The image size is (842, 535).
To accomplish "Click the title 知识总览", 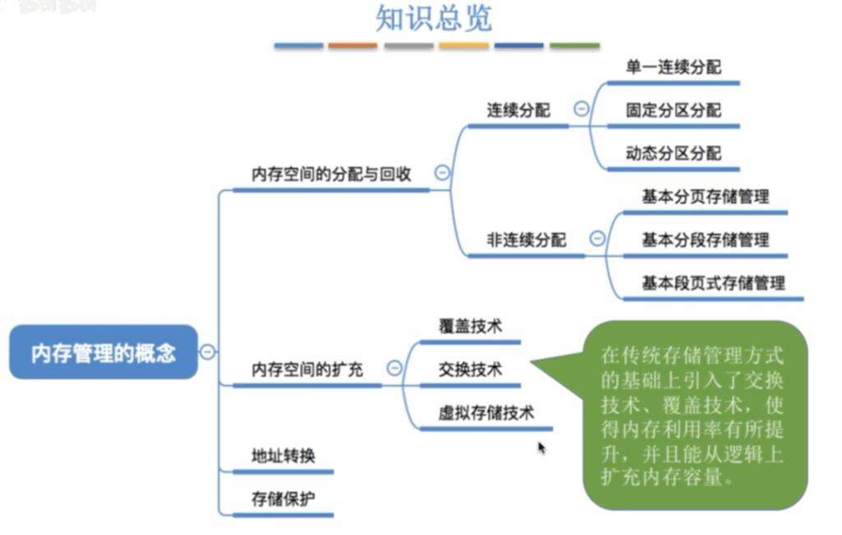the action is [x=433, y=18].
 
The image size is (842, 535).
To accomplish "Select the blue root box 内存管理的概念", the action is [x=104, y=352].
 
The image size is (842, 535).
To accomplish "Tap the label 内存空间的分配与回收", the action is [x=331, y=174].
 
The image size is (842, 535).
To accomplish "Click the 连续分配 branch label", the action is [x=518, y=109].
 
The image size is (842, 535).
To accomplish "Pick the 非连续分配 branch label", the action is [x=526, y=240].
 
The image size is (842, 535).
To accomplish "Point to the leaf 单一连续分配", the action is [x=673, y=67].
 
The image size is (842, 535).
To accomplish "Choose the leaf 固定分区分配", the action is [x=673, y=109].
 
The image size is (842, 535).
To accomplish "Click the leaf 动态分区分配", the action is [x=673, y=153].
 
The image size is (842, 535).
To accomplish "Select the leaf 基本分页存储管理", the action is [x=706, y=196].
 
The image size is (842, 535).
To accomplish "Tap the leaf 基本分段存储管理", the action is [x=706, y=240].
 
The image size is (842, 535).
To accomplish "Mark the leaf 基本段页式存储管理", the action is [x=714, y=282].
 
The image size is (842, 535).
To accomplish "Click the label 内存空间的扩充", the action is [x=308, y=370].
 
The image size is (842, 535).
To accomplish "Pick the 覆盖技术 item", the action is [x=470, y=326].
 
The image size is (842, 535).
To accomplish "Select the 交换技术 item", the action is [x=470, y=370].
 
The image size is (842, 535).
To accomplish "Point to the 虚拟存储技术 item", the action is [x=487, y=412].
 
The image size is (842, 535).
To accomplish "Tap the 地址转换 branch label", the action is [x=283, y=455].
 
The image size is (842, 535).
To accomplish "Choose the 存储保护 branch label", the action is [x=283, y=499].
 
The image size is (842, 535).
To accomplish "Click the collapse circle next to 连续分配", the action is [x=581, y=109].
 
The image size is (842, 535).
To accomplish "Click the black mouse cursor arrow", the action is [x=541, y=448].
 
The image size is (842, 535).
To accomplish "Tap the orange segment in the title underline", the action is [x=353, y=46].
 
